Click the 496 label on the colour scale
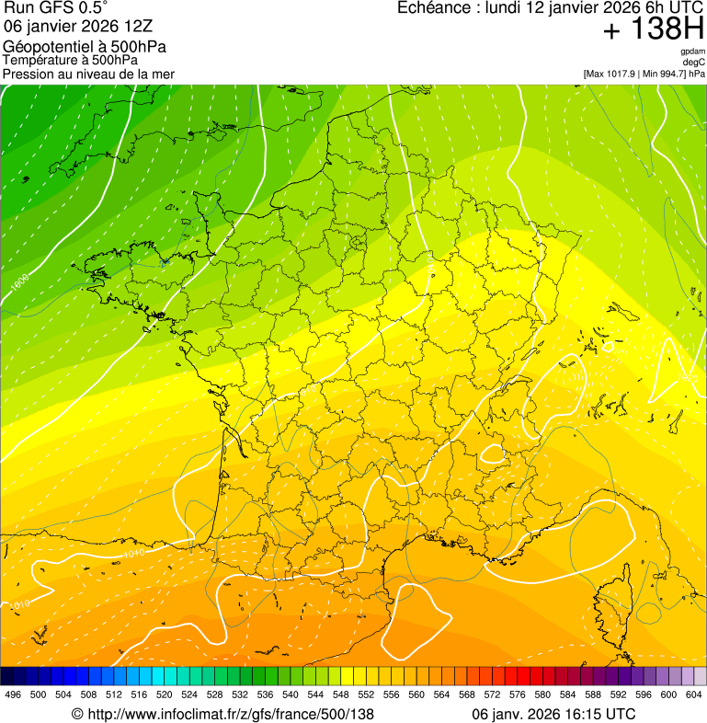[x=13, y=694]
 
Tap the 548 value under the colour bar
[x=340, y=694]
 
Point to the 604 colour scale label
[x=693, y=694]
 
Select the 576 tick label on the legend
[x=517, y=694]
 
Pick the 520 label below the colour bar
[x=165, y=694]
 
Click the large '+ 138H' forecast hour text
[x=654, y=29]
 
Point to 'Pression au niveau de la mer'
[x=88, y=74]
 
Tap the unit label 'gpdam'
[x=692, y=52]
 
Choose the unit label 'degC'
[x=694, y=62]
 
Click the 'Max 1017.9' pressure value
[x=611, y=74]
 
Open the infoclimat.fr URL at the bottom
[x=222, y=714]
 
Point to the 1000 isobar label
[x=19, y=281]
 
